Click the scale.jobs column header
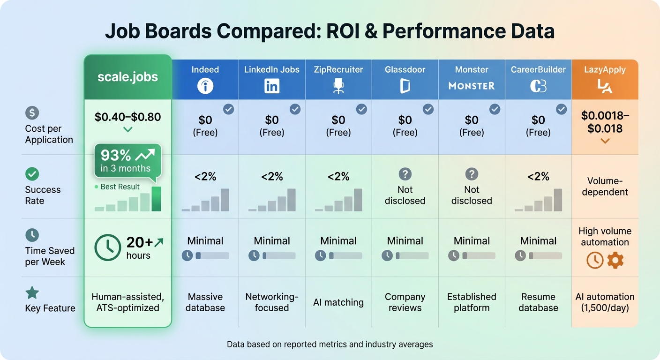(x=127, y=77)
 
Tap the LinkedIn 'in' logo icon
(x=272, y=86)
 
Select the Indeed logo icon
(x=205, y=86)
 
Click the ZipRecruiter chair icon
(x=338, y=86)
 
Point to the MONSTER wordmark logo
(x=472, y=86)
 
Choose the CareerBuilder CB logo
(x=538, y=86)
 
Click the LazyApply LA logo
(x=605, y=86)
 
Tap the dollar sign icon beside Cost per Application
(x=32, y=113)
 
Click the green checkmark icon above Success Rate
(x=32, y=174)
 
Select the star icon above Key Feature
(x=32, y=293)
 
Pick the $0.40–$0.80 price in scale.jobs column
(x=127, y=117)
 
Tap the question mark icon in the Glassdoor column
(x=405, y=174)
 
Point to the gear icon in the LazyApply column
(x=615, y=260)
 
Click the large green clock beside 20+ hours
(x=108, y=247)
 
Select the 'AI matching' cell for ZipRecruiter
(x=338, y=302)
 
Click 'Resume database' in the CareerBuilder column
(x=538, y=302)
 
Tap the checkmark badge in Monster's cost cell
(x=495, y=109)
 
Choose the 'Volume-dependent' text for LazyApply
(x=605, y=187)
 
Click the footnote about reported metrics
(x=330, y=345)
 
